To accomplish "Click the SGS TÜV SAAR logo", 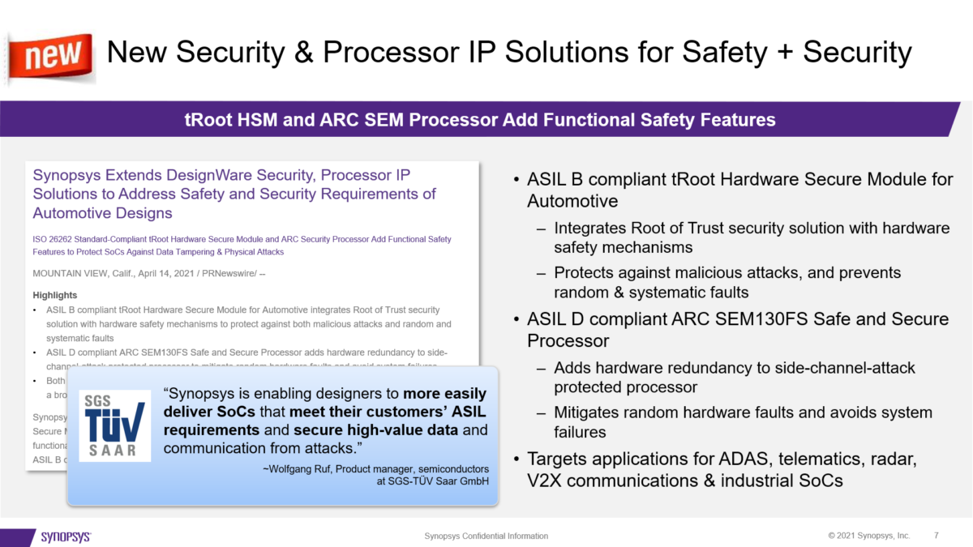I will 114,425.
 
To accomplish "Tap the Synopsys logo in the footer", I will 66,536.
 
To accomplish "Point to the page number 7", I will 937,536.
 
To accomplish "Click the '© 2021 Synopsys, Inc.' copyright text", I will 868,536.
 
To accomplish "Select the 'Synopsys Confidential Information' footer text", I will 486,536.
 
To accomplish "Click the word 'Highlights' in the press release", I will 55,296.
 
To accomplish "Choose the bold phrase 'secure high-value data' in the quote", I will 369,429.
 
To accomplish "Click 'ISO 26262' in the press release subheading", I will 55,239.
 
